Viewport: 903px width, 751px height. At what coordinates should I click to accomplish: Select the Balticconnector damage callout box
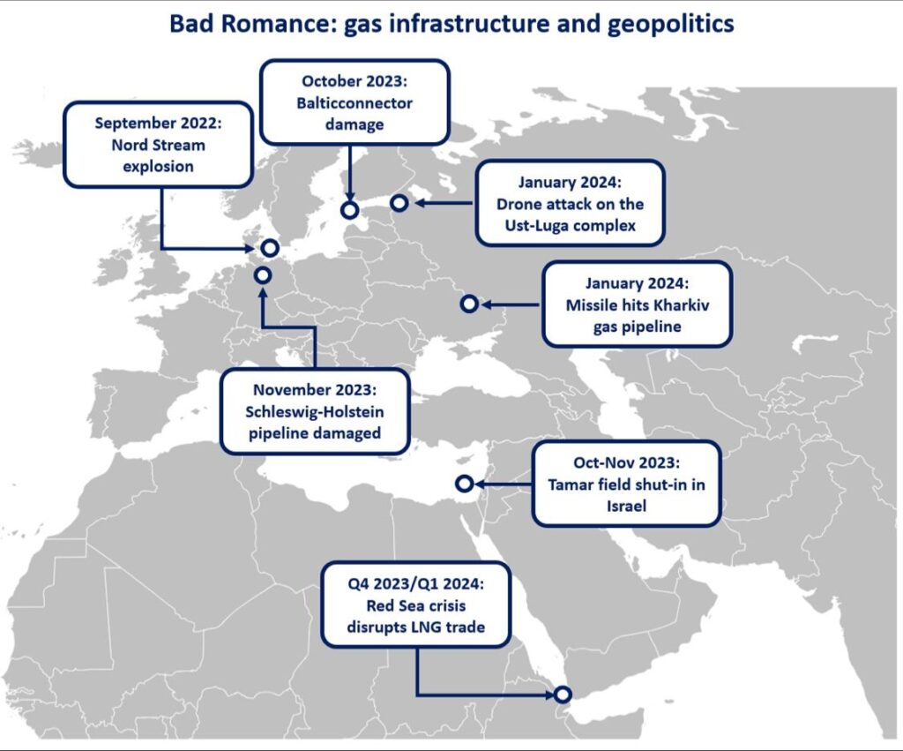[354, 102]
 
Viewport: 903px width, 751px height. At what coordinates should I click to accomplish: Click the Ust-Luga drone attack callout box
[569, 204]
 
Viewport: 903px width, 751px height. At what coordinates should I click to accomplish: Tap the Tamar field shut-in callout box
[626, 484]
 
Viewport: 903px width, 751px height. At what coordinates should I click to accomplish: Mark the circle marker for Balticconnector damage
[349, 210]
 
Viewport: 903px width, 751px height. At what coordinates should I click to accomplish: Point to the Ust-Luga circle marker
[399, 204]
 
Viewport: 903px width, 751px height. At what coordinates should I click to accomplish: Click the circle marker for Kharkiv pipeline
[469, 304]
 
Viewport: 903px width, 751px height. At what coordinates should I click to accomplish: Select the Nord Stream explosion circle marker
[270, 249]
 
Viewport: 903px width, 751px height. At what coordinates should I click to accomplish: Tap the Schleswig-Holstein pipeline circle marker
[262, 275]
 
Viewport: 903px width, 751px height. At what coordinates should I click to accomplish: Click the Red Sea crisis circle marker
[563, 695]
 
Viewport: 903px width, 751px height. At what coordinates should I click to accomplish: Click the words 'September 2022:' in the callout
[159, 123]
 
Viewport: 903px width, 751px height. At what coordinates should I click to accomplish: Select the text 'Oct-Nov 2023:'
[626, 462]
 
